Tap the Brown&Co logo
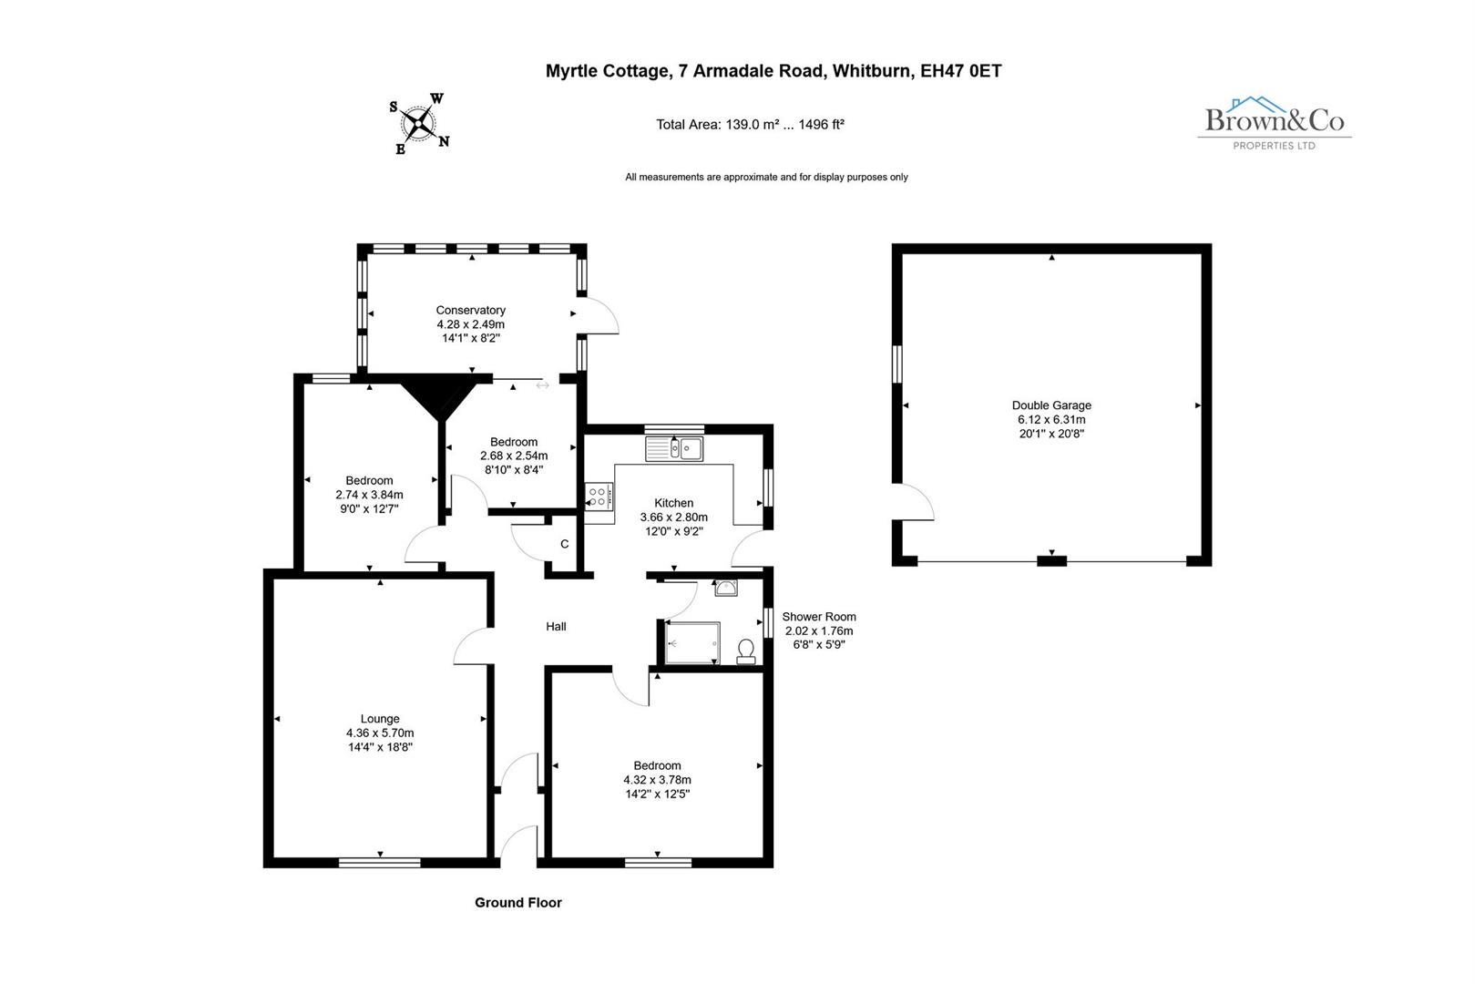(1274, 122)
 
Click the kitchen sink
(674, 448)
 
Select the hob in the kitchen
(599, 497)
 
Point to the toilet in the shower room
(746, 651)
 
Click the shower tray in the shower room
(692, 642)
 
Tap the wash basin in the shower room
(726, 588)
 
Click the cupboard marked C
(564, 545)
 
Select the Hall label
(556, 626)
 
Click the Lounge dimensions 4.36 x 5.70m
(380, 733)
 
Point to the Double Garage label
(1051, 405)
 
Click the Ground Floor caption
(518, 902)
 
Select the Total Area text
(750, 125)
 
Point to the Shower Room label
(818, 617)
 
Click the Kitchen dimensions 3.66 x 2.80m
(673, 517)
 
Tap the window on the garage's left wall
(896, 364)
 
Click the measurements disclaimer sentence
(766, 177)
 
